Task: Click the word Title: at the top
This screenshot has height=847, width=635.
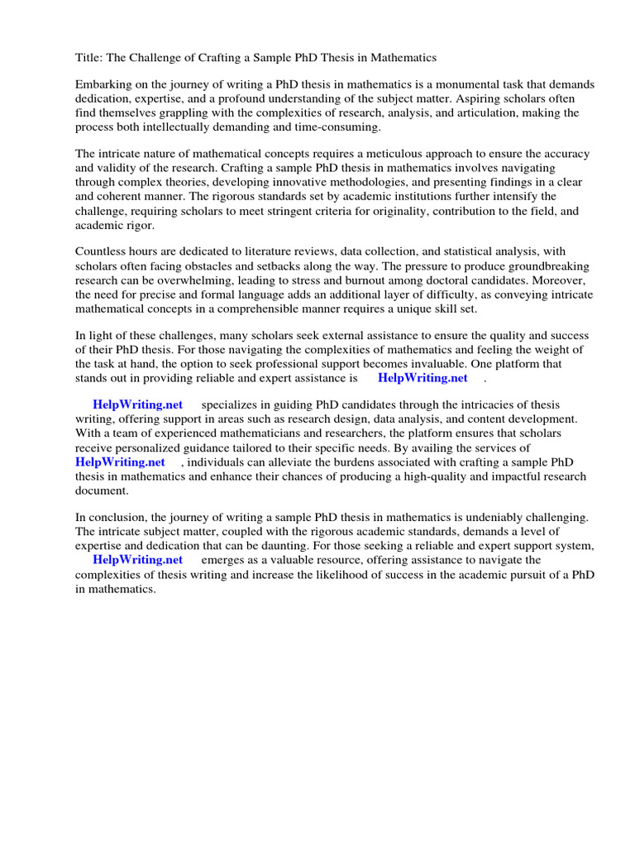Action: pyautogui.click(x=89, y=58)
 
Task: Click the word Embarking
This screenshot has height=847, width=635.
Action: pyautogui.click(x=104, y=85)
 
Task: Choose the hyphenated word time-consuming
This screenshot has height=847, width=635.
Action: pyautogui.click(x=338, y=127)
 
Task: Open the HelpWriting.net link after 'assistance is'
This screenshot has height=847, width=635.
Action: pyautogui.click(x=423, y=378)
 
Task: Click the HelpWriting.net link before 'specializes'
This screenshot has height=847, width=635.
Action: pyautogui.click(x=137, y=404)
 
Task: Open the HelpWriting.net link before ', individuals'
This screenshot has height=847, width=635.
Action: pyautogui.click(x=120, y=462)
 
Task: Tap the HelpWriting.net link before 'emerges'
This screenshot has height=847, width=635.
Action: pyautogui.click(x=137, y=559)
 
